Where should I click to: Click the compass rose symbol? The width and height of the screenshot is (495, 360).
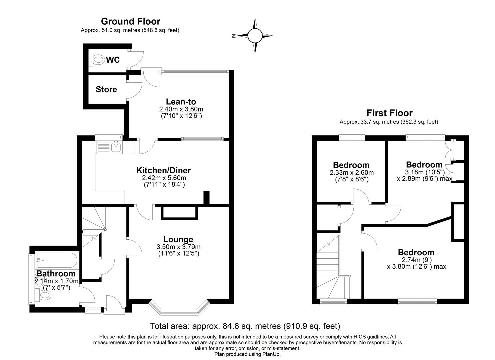(x=255, y=36)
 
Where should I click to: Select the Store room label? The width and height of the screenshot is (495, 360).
(x=106, y=89)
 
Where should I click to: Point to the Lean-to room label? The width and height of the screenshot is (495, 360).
(x=181, y=102)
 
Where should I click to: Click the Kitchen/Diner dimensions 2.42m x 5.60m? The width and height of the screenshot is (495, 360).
(x=164, y=178)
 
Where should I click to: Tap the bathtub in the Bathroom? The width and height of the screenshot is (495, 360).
(x=57, y=260)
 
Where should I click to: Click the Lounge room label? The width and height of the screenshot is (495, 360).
(x=178, y=239)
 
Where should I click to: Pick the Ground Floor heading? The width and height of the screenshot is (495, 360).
(x=130, y=21)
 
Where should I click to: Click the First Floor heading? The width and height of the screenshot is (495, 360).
(x=389, y=113)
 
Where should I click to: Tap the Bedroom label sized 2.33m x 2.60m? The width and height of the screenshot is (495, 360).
(x=351, y=165)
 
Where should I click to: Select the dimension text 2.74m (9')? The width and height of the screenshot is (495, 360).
(x=416, y=260)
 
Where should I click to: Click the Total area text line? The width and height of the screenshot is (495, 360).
(x=245, y=326)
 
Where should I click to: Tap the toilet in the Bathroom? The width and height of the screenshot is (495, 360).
(x=45, y=295)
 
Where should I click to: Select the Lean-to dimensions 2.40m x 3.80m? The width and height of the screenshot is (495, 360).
(x=181, y=109)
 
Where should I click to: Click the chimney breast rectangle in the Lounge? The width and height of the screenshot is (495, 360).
(x=179, y=213)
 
